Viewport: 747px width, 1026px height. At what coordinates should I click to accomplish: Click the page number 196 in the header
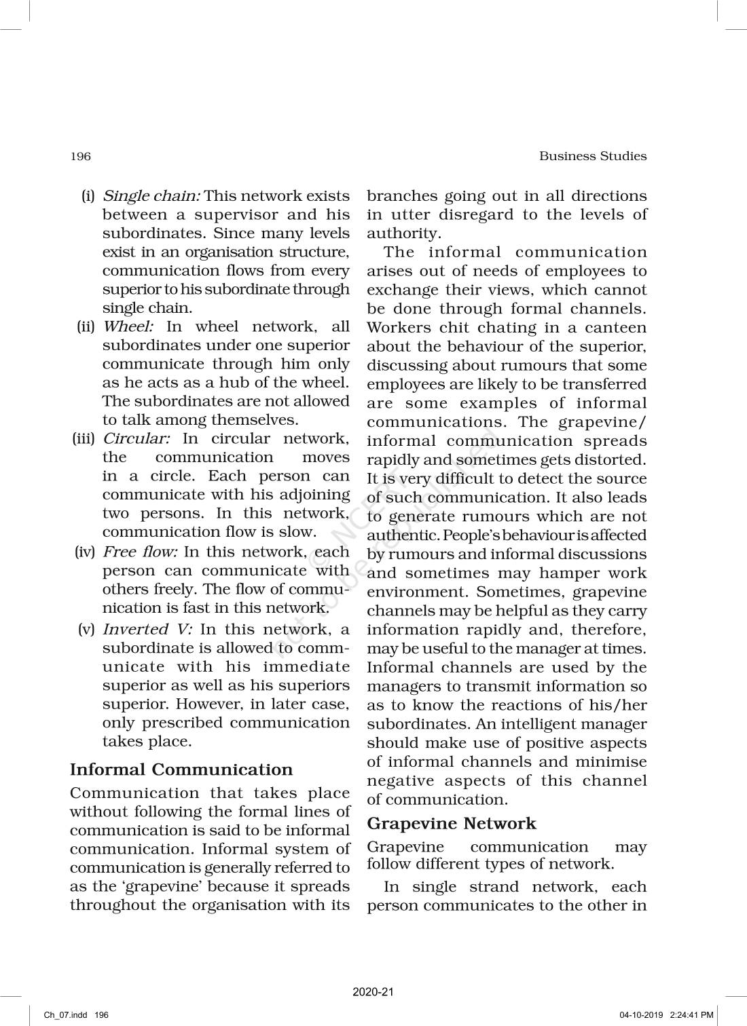tap(80, 157)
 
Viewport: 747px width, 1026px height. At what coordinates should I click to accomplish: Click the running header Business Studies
tap(593, 156)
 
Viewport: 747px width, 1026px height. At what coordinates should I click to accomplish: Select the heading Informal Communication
tap(181, 769)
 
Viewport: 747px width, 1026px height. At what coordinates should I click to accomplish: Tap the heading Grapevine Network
tap(452, 824)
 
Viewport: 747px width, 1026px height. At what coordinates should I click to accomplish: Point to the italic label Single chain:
tap(151, 197)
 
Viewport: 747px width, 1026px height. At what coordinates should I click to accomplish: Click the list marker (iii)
tap(84, 439)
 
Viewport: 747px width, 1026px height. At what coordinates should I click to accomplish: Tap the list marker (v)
tap(86, 629)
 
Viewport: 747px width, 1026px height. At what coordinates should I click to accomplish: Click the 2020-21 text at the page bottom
tap(373, 992)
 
